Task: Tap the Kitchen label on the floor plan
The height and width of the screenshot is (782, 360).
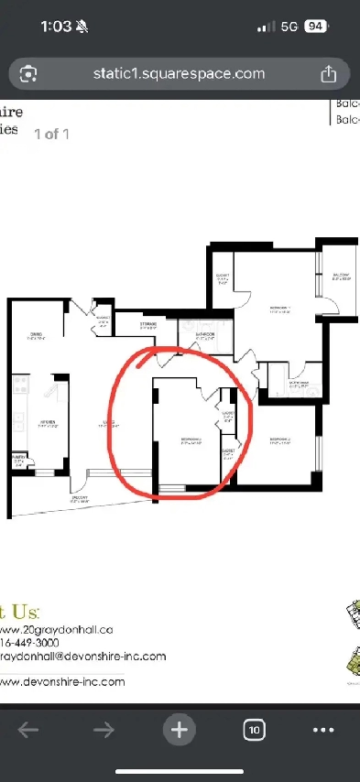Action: click(48, 423)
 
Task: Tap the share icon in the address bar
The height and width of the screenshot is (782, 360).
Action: click(328, 73)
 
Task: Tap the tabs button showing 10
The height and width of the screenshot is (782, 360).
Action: click(255, 730)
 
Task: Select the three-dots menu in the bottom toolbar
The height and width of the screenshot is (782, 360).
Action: click(324, 730)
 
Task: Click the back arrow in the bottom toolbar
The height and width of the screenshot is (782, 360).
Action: click(28, 730)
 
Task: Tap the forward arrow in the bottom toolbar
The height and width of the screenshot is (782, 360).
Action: click(104, 730)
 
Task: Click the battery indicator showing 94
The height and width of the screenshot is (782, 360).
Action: click(316, 27)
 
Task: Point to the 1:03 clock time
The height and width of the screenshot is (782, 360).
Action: click(56, 27)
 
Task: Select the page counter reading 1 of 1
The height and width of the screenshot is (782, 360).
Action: click(52, 134)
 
